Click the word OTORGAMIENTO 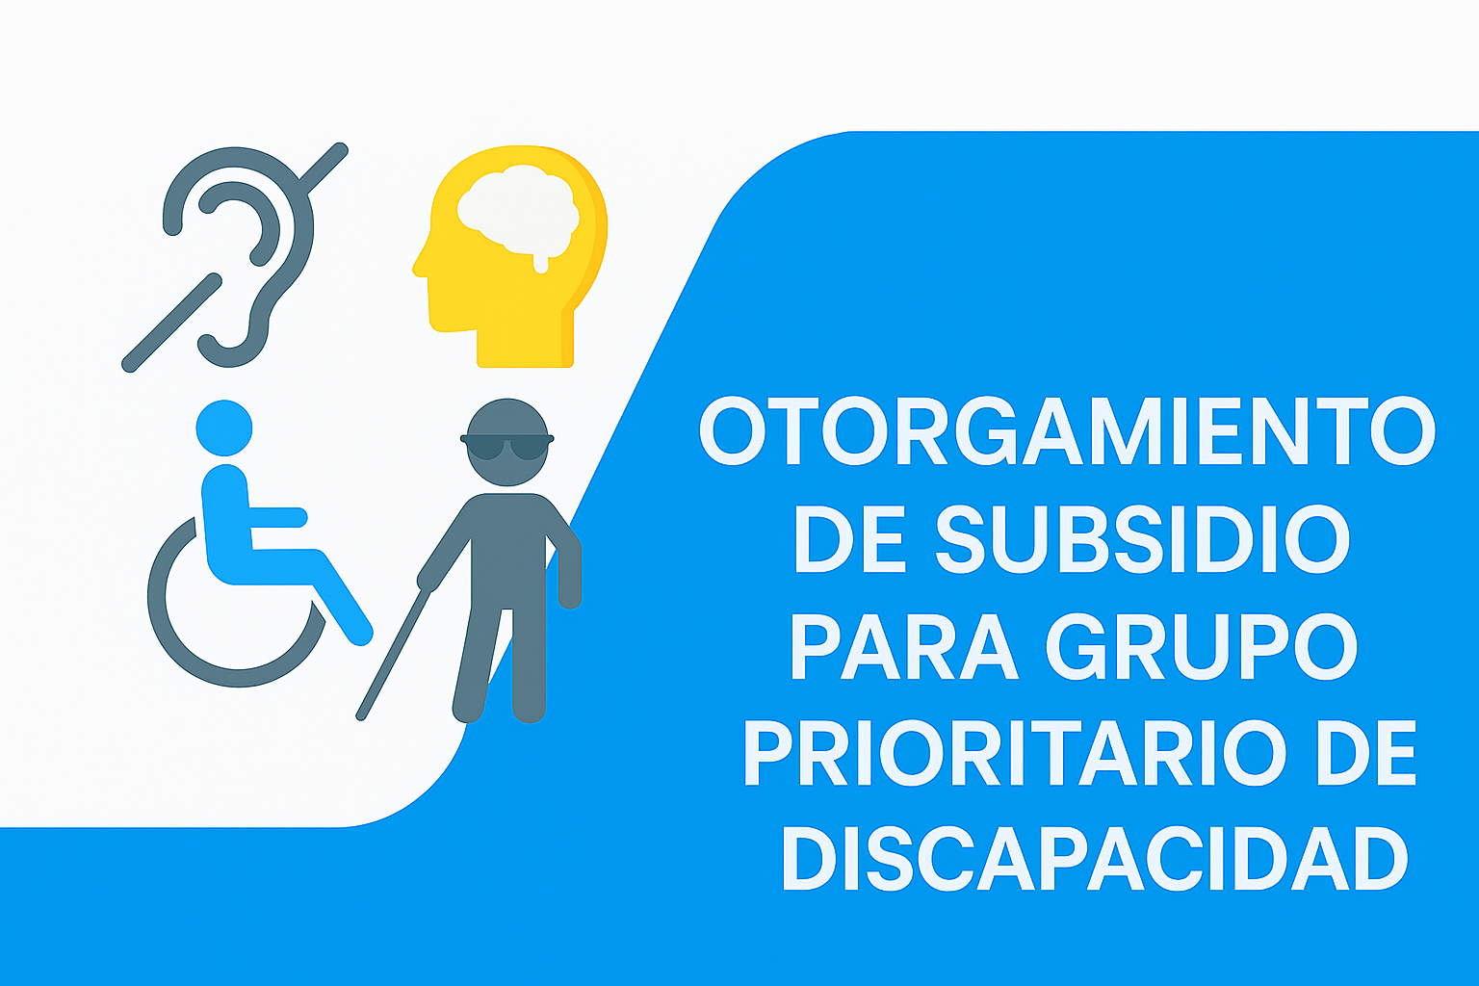click(x=1067, y=430)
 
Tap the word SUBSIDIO click(x=1143, y=538)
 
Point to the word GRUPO click(x=1202, y=646)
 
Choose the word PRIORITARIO click(x=1015, y=753)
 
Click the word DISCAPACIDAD click(x=1096, y=859)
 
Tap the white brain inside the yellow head click(x=518, y=211)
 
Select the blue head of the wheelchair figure click(x=224, y=428)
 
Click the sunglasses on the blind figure click(x=507, y=447)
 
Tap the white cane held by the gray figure click(x=394, y=654)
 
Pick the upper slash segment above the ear click(x=324, y=168)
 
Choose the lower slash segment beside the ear click(x=171, y=323)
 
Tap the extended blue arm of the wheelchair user click(x=277, y=517)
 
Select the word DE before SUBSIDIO click(x=850, y=538)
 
